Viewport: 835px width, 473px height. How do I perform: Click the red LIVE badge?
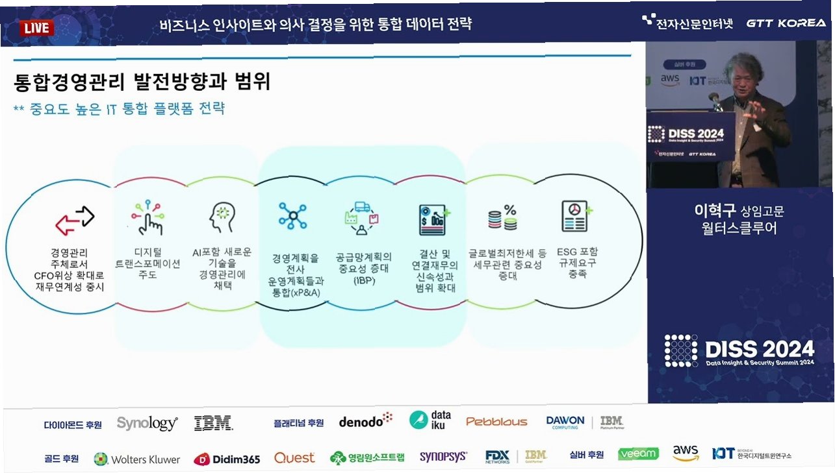37,28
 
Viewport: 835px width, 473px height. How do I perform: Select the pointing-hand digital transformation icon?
147,217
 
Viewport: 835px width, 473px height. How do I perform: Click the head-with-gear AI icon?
222,217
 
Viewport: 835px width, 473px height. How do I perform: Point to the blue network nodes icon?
292,216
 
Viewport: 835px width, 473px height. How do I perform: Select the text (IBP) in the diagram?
363,281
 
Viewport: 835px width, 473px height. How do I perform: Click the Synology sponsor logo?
147,423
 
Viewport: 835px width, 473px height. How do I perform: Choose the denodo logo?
365,421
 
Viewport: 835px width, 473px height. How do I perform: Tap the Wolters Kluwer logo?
137,459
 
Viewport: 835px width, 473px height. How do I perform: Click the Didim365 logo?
227,459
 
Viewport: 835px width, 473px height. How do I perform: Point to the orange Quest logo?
294,457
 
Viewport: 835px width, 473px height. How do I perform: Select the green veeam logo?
638,454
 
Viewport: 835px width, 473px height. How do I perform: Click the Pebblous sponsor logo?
496,422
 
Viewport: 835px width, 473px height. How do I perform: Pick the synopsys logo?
443,457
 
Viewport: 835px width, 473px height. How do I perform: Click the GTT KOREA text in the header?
786,23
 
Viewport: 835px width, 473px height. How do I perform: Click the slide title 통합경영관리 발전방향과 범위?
142,82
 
